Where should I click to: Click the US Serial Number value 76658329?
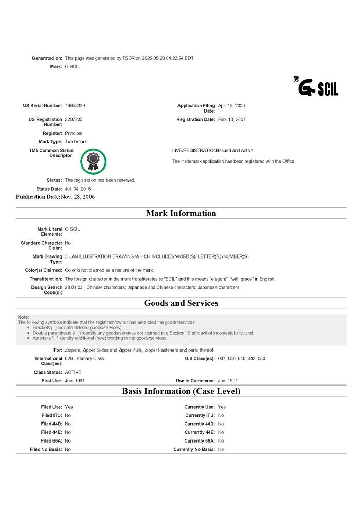pyautogui.click(x=75, y=105)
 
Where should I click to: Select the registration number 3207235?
pyautogui.click(x=74, y=119)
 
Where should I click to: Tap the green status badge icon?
pyautogui.click(x=93, y=161)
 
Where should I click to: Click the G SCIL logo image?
pyautogui.click(x=316, y=87)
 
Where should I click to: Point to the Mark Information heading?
pyautogui.click(x=181, y=213)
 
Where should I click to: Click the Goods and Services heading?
pyautogui.click(x=181, y=303)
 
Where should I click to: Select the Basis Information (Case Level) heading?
pyautogui.click(x=181, y=391)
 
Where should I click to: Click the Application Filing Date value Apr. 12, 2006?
pyautogui.click(x=231, y=105)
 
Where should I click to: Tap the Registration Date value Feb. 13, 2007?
pyautogui.click(x=232, y=119)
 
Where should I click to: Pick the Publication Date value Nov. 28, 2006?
pyautogui.click(x=77, y=197)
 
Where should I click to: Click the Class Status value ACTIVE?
pyautogui.click(x=73, y=372)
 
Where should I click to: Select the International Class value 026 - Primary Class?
pyautogui.click(x=84, y=358)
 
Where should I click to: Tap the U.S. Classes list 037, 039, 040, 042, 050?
pyautogui.click(x=242, y=358)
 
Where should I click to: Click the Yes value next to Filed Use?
pyautogui.click(x=69, y=407)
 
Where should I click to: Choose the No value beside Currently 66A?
pyautogui.click(x=221, y=440)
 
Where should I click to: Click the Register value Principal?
pyautogui.click(x=74, y=133)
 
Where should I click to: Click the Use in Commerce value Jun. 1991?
pyautogui.click(x=228, y=381)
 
